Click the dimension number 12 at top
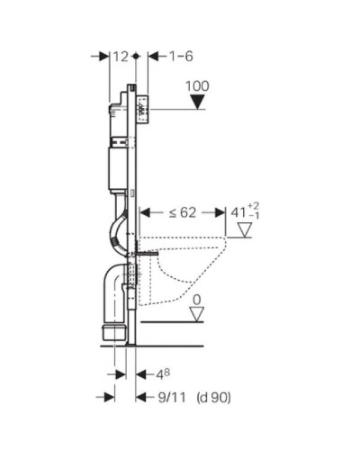[121, 56]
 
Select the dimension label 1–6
[181, 56]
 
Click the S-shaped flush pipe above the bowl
[119, 225]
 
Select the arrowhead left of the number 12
[101, 56]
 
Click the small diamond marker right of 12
[135, 56]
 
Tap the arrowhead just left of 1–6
[152, 56]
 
